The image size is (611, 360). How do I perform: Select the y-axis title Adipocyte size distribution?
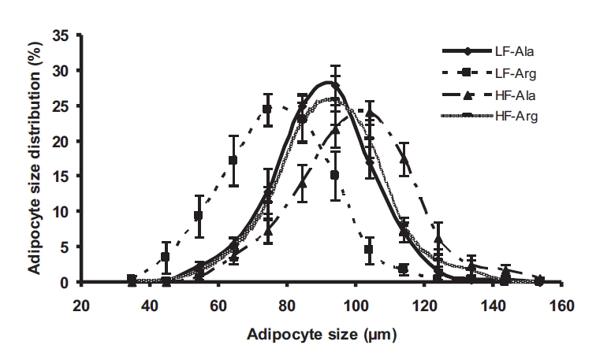pos(35,157)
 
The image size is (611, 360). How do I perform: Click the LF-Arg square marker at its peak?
pos(267,109)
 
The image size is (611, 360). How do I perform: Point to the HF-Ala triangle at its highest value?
pos(371,113)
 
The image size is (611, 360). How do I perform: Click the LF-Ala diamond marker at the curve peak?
pos(335,84)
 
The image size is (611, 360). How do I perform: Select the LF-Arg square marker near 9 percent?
pos(199,215)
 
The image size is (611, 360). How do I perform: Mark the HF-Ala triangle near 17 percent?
pos(404,158)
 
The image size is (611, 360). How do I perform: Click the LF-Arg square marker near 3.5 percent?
pos(165,257)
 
